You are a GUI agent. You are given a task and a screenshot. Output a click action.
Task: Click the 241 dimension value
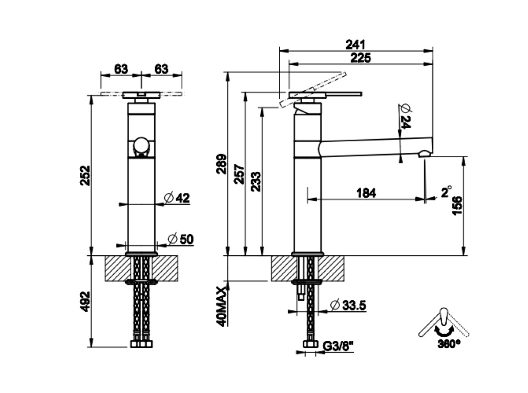click(355, 45)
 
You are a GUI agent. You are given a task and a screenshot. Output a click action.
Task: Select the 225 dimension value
click(361, 58)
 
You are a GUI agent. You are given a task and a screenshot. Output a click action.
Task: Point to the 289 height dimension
click(222, 164)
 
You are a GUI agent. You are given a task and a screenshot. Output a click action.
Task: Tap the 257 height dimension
click(239, 173)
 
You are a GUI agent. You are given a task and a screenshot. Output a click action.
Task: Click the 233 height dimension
click(256, 182)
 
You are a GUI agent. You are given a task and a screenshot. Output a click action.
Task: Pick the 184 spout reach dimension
click(366, 193)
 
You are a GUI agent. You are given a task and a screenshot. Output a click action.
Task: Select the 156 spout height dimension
click(457, 206)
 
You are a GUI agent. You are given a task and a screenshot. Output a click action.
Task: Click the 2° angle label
click(446, 191)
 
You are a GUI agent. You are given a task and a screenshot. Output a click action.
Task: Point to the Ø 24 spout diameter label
click(405, 116)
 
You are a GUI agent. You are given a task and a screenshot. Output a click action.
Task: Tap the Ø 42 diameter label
click(177, 198)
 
